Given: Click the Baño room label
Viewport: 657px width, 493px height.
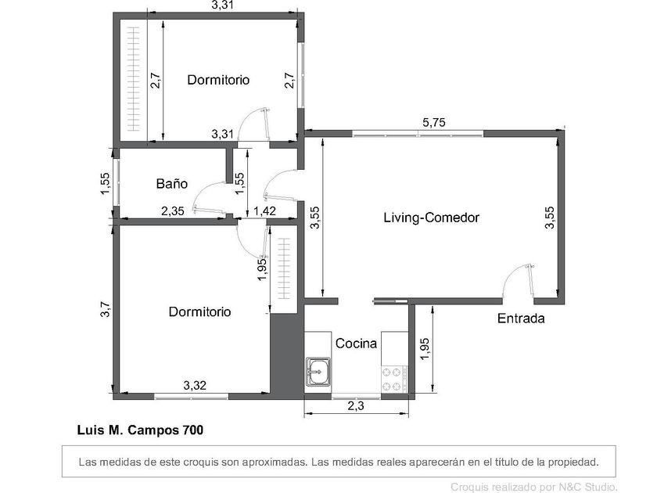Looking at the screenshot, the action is pos(172,184).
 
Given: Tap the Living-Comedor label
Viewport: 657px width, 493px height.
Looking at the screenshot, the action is pos(431,218).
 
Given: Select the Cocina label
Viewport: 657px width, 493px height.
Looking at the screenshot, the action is pos(356,344).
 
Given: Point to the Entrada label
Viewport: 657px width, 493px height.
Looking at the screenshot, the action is pos(521,318).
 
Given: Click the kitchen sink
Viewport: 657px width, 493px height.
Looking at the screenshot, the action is pos(318,372).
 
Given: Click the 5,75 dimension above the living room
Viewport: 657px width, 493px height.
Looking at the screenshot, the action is pos(433,123).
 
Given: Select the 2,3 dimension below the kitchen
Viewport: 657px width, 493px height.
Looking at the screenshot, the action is pos(356,406).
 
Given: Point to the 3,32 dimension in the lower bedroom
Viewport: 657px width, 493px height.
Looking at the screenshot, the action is pos(195,385).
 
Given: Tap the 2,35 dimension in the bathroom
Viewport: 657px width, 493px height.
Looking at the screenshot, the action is pos(173,211).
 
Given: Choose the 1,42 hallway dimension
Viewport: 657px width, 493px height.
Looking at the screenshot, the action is pos(265,211).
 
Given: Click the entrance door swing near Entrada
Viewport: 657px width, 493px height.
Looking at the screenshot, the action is pos(519,281).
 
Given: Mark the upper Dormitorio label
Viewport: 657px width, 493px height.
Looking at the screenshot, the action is pos(218,80).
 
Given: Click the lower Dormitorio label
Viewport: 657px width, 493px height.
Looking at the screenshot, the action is pos(200,311).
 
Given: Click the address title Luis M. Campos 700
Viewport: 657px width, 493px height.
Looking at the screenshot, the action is pos(140,430).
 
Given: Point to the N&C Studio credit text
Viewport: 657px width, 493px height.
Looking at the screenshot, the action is pos(533,487).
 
